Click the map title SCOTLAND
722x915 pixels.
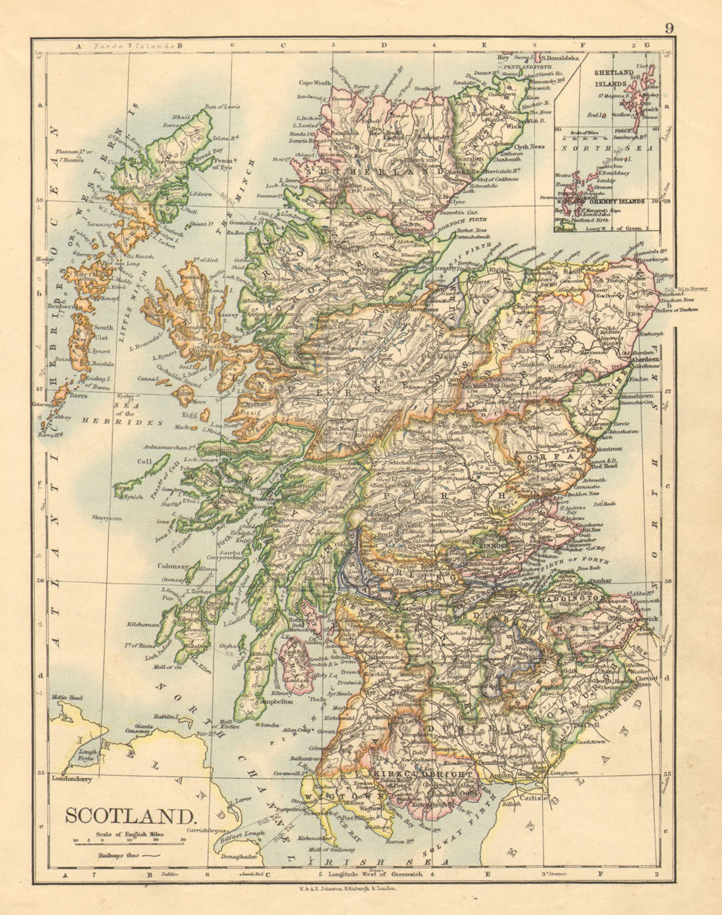pos(130,816)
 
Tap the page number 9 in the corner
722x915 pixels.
pos(669,28)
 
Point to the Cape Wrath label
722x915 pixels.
pos(315,83)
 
